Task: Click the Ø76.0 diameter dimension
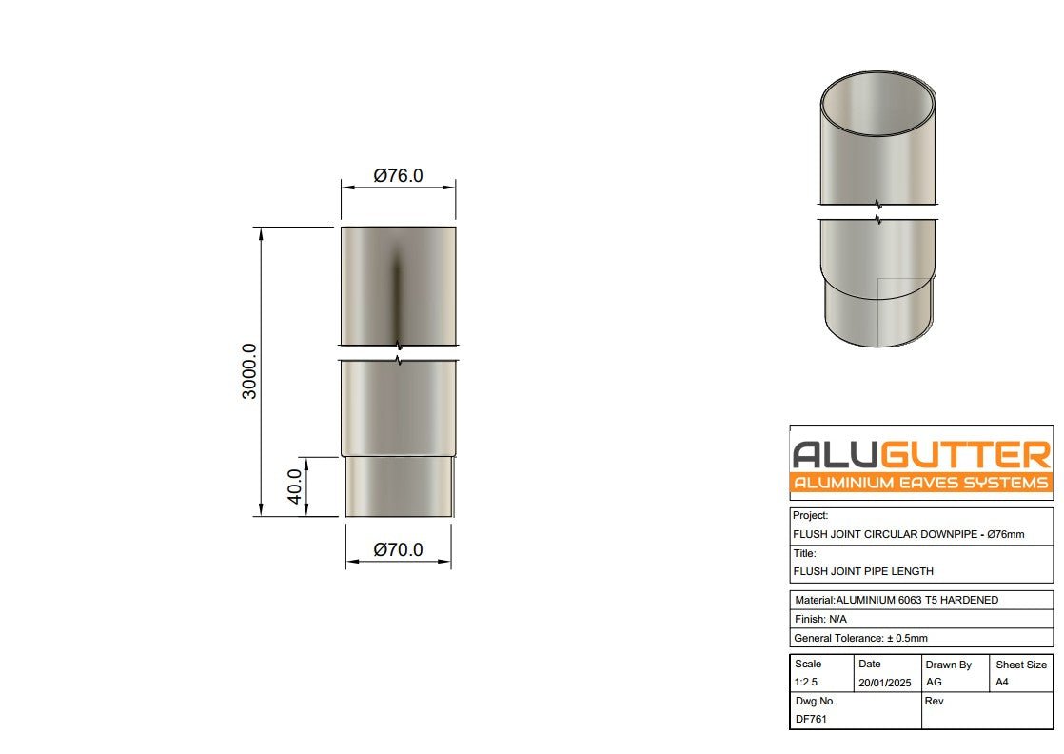(x=398, y=176)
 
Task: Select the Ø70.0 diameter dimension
(x=398, y=550)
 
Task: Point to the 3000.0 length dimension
(x=249, y=371)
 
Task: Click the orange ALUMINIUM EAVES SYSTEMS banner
(x=920, y=483)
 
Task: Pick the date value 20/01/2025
(x=884, y=683)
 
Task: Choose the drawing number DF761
(x=810, y=719)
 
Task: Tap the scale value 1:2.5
(x=805, y=683)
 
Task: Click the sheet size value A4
(x=1003, y=683)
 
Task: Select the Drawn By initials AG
(x=934, y=683)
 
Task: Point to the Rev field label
(x=934, y=701)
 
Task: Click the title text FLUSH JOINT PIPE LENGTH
(x=862, y=571)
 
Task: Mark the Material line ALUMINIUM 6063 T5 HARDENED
(x=896, y=600)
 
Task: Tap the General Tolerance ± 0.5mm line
(x=860, y=638)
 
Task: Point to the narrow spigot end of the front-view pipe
(x=398, y=486)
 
